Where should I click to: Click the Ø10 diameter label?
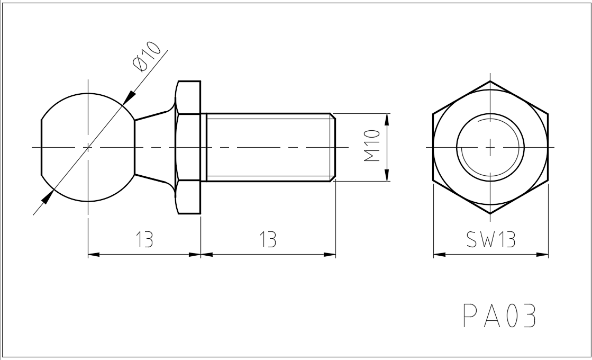coord(147,57)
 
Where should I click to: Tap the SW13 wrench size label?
coord(490,240)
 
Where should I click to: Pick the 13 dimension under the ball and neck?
coord(144,240)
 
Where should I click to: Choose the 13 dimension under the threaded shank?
coord(268,240)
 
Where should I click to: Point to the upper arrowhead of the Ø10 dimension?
coord(129,98)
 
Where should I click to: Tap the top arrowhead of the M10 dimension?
coord(387,119)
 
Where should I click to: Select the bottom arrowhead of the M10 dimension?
coord(387,175)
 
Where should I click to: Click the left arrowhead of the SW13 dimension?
coord(439,255)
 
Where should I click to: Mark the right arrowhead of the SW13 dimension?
coord(542,255)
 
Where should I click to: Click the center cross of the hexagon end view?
coord(490,147)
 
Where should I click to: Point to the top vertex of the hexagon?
coord(490,81)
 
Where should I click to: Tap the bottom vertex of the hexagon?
coord(490,213)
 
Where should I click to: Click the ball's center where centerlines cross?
coord(88,147)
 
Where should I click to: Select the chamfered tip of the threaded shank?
coord(333,147)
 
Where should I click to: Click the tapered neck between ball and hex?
coord(153,147)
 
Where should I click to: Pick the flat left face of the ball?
coord(42,147)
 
